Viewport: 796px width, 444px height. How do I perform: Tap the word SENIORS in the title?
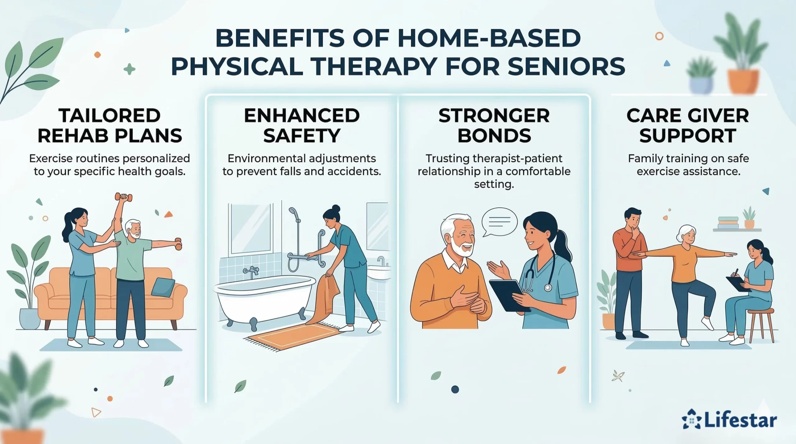coord(566,66)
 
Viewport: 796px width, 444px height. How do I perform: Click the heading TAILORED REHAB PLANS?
coord(110,126)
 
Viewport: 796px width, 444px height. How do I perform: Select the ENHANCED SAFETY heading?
coord(302,126)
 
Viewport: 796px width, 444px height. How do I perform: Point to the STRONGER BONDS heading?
coord(494,126)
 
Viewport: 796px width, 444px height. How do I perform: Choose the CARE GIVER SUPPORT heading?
coord(688,126)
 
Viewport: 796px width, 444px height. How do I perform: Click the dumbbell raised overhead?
coord(123,197)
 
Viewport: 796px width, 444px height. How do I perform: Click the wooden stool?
coord(763,323)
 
